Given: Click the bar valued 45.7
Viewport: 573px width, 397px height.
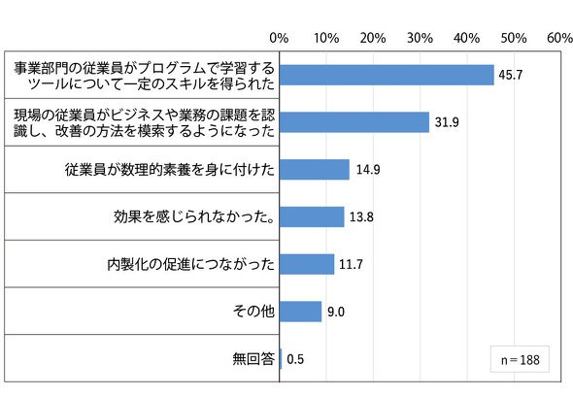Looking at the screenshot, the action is [387, 75].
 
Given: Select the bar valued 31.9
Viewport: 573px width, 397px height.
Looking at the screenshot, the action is [354, 122].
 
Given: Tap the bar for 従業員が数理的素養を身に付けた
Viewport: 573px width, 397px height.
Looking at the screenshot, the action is [315, 170].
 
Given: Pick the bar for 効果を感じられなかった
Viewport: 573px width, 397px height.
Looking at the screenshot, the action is [312, 217].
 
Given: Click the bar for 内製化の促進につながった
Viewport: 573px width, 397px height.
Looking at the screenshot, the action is [307, 264].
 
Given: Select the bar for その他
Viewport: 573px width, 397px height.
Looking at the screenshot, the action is [301, 312].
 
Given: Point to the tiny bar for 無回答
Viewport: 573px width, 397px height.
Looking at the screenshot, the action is [281, 358].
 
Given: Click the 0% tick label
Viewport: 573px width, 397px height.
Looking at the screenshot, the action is [279, 38].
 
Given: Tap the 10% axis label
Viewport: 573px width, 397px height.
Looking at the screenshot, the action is [326, 38].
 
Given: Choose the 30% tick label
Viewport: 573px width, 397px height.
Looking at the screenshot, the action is [420, 38].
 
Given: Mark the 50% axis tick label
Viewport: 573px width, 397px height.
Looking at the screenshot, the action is [514, 38].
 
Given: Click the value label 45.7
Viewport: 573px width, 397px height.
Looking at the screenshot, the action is [511, 75].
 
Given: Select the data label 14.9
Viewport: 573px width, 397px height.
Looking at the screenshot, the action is [368, 170].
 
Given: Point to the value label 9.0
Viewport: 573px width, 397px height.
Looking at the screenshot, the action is [336, 312].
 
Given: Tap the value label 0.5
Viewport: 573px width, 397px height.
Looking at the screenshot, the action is [295, 359].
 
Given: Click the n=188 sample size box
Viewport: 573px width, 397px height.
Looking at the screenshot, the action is [520, 359].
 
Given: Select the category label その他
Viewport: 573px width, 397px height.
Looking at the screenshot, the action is [253, 312].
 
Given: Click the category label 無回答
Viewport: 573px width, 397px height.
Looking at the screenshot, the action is [253, 358].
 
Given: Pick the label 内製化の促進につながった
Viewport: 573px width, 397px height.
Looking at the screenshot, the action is [190, 264].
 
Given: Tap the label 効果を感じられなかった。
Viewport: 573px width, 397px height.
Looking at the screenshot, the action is [194, 217].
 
